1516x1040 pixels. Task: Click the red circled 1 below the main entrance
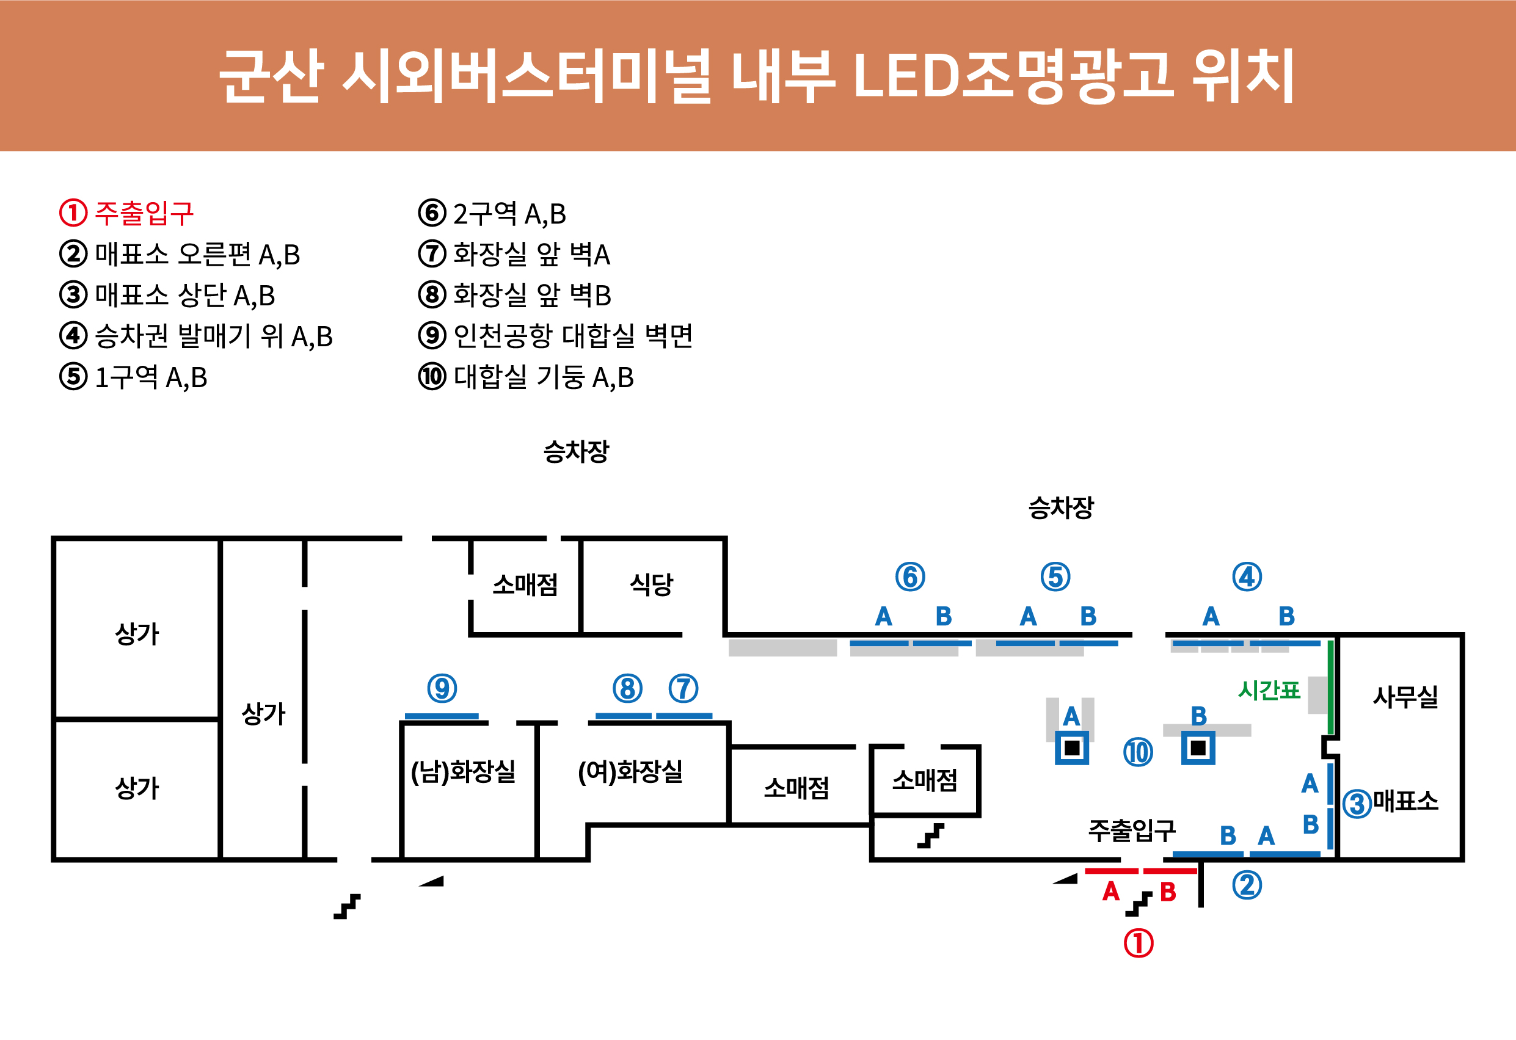click(x=1139, y=944)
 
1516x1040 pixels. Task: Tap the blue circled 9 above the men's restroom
click(x=442, y=689)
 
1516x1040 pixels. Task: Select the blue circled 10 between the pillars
click(x=1139, y=752)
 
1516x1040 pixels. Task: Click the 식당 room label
click(x=651, y=584)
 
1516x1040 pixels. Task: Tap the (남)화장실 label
click(x=463, y=771)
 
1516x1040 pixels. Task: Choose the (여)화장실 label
click(x=630, y=771)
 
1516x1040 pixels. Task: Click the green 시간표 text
click(x=1269, y=690)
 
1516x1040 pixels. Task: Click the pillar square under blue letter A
click(x=1072, y=747)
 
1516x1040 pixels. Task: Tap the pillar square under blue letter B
click(x=1198, y=747)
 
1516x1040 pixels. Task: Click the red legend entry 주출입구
click(x=144, y=213)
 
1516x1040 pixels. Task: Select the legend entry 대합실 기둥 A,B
click(x=543, y=377)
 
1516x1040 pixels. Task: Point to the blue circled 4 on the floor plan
click(x=1247, y=577)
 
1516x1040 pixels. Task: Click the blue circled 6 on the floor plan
click(x=910, y=577)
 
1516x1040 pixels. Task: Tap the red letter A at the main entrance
click(x=1111, y=892)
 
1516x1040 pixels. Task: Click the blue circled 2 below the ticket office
click(x=1247, y=885)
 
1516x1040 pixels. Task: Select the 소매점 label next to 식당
click(x=525, y=584)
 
